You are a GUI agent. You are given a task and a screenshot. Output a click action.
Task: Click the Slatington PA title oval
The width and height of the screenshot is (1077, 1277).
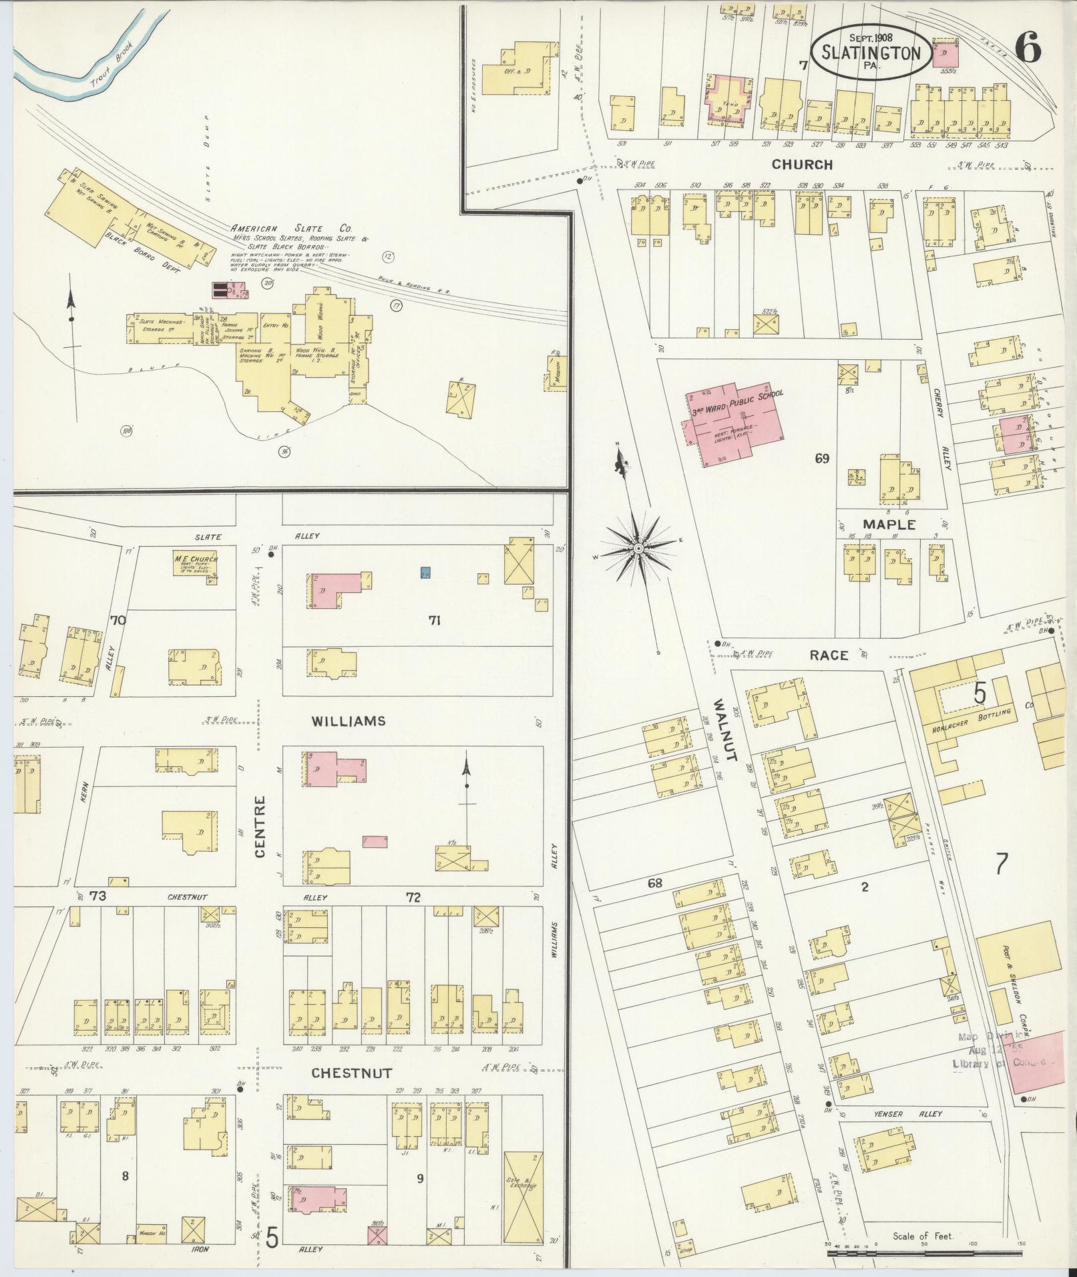click(869, 53)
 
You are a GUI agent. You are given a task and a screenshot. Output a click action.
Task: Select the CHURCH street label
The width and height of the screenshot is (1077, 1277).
click(802, 164)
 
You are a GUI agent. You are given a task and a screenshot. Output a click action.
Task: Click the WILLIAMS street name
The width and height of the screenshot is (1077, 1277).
click(348, 721)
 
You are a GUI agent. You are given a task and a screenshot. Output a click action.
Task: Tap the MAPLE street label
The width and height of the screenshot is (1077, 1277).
click(888, 525)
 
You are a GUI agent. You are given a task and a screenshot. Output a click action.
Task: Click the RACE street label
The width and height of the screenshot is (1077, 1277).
click(829, 655)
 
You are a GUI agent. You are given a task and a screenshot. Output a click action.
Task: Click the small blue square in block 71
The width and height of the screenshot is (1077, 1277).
click(425, 572)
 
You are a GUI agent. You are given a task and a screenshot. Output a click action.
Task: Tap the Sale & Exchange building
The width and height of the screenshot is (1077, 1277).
click(523, 1187)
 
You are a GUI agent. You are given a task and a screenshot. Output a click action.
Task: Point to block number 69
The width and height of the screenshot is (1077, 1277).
click(821, 459)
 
